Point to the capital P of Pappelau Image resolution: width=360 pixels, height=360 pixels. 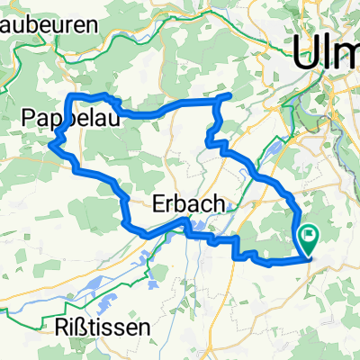click(28, 117)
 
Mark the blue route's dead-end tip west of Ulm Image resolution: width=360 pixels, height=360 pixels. click(231, 95)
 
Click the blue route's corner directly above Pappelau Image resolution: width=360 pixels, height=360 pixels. click(72, 95)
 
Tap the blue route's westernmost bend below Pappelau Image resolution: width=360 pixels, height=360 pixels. click(55, 142)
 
